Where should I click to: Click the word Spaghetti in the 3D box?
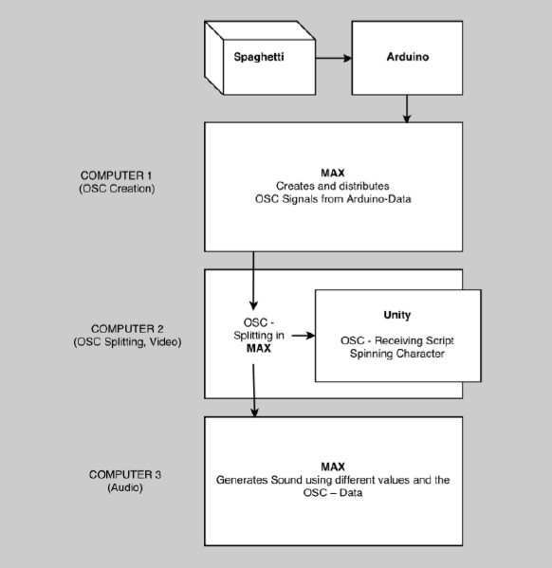[x=259, y=57]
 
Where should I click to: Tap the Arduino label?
[x=408, y=57]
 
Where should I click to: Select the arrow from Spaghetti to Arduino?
[x=334, y=58]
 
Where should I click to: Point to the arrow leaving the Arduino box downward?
[x=407, y=109]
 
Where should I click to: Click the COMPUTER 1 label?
[x=116, y=175]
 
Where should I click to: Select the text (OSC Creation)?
[x=117, y=189]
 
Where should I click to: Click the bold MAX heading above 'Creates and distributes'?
[x=333, y=173]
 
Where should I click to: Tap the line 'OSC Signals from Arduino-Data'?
[x=333, y=199]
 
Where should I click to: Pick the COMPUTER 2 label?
[x=127, y=329]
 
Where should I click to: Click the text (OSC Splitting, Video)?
[x=127, y=342]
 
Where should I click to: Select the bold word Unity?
[x=397, y=315]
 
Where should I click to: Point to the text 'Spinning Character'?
[x=397, y=354]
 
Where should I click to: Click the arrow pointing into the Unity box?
[x=304, y=336]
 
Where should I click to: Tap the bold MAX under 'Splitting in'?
[x=258, y=348]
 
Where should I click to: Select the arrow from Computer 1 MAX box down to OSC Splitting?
[x=253, y=281]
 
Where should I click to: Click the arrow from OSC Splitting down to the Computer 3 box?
[x=254, y=391]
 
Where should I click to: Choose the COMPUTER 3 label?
[x=125, y=475]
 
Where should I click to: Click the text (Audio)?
[x=125, y=488]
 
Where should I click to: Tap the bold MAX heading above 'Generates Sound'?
[x=333, y=467]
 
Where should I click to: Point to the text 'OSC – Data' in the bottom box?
[x=333, y=493]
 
